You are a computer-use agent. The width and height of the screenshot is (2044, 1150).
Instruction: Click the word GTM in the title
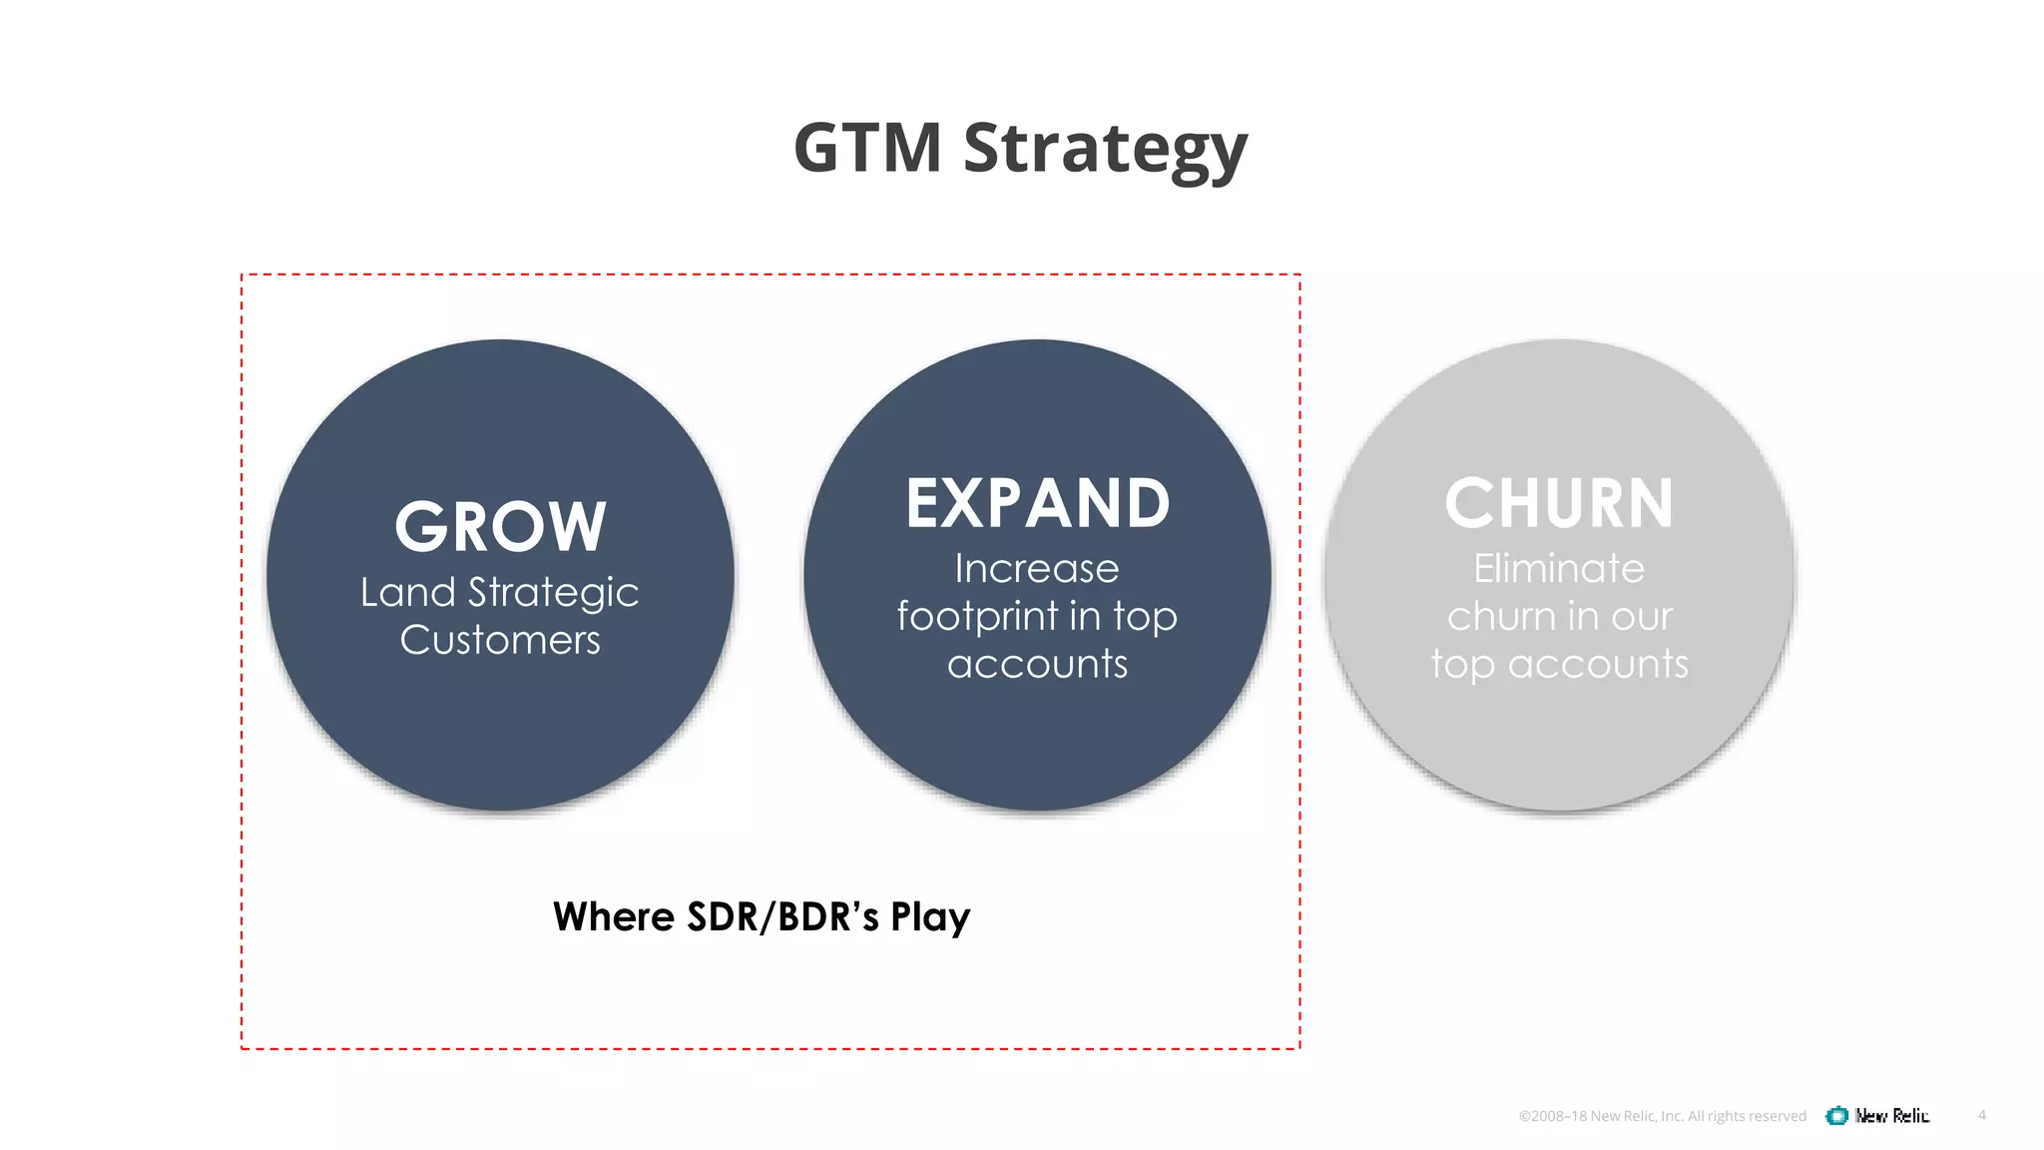(x=867, y=148)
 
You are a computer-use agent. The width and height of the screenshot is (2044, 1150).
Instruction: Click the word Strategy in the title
(x=1105, y=150)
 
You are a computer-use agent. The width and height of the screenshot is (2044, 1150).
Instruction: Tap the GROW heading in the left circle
(x=500, y=526)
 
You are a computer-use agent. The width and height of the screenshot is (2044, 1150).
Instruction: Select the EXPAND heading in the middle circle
(x=1037, y=503)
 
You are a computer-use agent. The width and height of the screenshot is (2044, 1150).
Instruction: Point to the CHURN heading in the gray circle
(x=1559, y=503)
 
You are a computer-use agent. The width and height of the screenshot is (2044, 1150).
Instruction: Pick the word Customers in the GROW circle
(x=500, y=640)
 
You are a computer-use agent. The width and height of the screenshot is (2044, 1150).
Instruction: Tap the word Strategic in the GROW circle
(x=553, y=594)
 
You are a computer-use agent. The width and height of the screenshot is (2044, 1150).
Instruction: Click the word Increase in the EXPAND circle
(x=1037, y=568)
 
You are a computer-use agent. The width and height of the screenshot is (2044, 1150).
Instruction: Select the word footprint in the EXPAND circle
(x=976, y=616)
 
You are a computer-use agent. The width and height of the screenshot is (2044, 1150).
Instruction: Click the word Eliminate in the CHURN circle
(x=1559, y=568)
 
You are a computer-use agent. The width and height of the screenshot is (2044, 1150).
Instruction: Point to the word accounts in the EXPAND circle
(x=1037, y=664)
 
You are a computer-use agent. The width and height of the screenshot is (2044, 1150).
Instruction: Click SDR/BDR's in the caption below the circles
(x=783, y=916)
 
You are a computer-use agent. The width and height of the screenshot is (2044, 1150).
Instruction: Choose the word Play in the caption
(x=930, y=917)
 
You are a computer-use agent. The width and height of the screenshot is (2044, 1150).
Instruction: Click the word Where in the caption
(x=613, y=916)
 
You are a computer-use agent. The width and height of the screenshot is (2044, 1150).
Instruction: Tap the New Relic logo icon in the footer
(x=1836, y=1115)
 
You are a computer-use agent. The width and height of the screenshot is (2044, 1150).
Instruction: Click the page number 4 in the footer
(x=1982, y=1115)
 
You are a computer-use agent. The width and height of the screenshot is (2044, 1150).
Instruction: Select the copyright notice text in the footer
(x=1662, y=1116)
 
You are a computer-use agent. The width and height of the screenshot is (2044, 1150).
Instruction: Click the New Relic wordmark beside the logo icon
(x=1892, y=1115)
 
